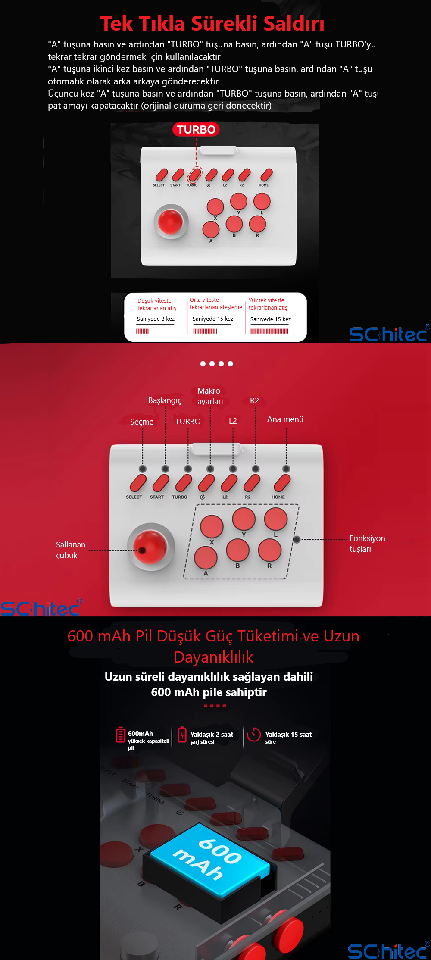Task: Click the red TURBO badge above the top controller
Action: point(196,129)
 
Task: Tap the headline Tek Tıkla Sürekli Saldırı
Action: point(212,24)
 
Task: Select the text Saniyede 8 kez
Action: point(156,319)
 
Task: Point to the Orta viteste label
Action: point(204,300)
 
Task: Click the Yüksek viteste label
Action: point(266,300)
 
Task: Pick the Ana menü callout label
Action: point(285,419)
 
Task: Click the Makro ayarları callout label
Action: point(209,396)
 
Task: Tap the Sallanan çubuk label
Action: point(71,550)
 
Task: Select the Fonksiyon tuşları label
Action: point(367,544)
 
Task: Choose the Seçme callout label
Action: point(142,422)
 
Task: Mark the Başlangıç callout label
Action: point(165,400)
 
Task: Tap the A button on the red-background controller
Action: point(206,557)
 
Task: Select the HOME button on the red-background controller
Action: point(282,483)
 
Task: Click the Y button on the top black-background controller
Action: point(238,201)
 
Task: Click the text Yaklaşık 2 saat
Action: point(212,735)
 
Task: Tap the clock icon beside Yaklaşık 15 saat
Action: point(254,735)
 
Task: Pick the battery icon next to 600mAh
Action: point(121,735)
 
